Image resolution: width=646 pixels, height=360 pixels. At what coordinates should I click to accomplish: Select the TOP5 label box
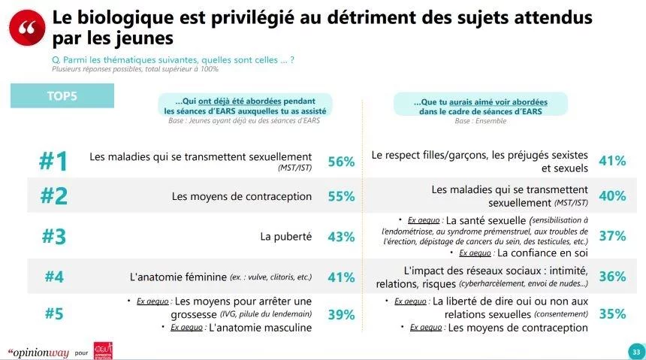(62, 95)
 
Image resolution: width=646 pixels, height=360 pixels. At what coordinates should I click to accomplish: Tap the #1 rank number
(53, 162)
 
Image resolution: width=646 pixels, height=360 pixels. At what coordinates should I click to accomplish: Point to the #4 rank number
(53, 277)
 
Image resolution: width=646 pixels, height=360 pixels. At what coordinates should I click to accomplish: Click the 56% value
(341, 162)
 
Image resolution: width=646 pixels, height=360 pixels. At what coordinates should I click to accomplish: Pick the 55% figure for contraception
(341, 197)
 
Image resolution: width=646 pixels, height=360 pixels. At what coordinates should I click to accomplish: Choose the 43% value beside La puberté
(341, 237)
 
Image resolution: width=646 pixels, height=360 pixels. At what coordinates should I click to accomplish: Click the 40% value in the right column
(612, 197)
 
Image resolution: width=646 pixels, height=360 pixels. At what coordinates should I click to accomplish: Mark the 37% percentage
(612, 236)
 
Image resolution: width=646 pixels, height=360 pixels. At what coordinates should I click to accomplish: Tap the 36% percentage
(612, 277)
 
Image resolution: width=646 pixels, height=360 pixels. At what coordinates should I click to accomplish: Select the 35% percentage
(612, 315)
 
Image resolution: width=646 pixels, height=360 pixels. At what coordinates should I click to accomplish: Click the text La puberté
(285, 237)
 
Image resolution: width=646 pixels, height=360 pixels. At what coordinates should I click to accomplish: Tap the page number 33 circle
(635, 352)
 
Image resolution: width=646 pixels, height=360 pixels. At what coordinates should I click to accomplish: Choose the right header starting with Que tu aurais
(481, 106)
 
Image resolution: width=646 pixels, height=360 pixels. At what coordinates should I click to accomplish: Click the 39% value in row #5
(341, 315)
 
